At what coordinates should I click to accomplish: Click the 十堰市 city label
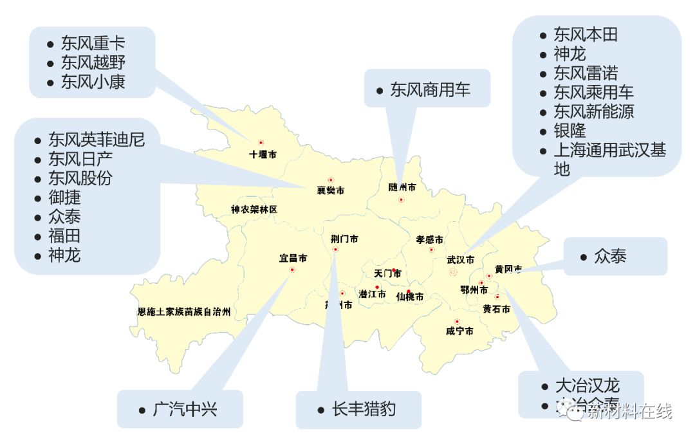[x=263, y=154]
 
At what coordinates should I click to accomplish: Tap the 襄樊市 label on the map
[x=330, y=190]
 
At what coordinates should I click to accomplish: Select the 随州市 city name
[x=402, y=187]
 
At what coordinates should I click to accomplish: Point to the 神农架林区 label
[x=254, y=209]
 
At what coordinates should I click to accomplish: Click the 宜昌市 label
[x=293, y=258]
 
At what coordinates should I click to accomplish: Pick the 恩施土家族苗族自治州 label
[x=184, y=312]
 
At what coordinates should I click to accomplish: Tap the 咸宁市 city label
[x=459, y=331]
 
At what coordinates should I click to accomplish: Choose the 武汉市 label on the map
[x=460, y=260]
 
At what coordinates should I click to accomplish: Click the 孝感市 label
[x=429, y=239]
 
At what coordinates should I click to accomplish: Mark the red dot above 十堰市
[x=261, y=143]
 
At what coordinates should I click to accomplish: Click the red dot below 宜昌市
[x=292, y=270]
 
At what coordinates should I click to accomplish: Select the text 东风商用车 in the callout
[x=430, y=89]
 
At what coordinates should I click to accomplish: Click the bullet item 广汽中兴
[x=185, y=409]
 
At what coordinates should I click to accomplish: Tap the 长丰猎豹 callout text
[x=363, y=409]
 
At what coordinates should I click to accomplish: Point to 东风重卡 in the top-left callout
[x=93, y=44]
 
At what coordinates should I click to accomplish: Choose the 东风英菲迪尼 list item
[x=97, y=140]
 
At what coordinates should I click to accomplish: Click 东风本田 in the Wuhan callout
[x=585, y=35]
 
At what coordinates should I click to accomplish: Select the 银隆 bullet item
[x=570, y=131]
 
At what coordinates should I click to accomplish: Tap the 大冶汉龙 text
[x=587, y=385]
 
